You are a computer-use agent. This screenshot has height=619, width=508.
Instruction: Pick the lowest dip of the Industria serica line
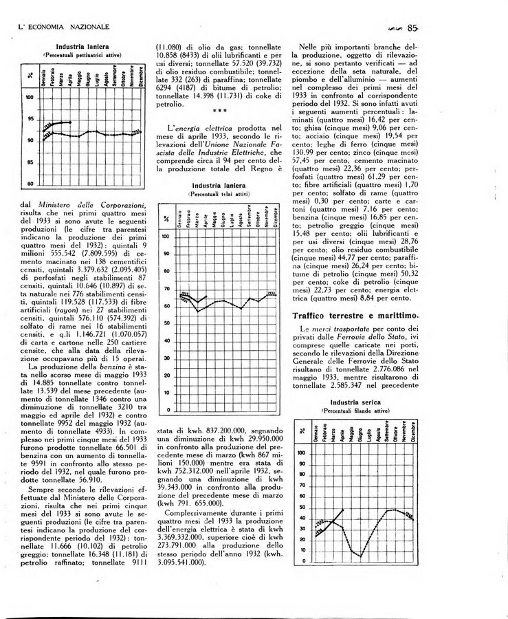[360, 555]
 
